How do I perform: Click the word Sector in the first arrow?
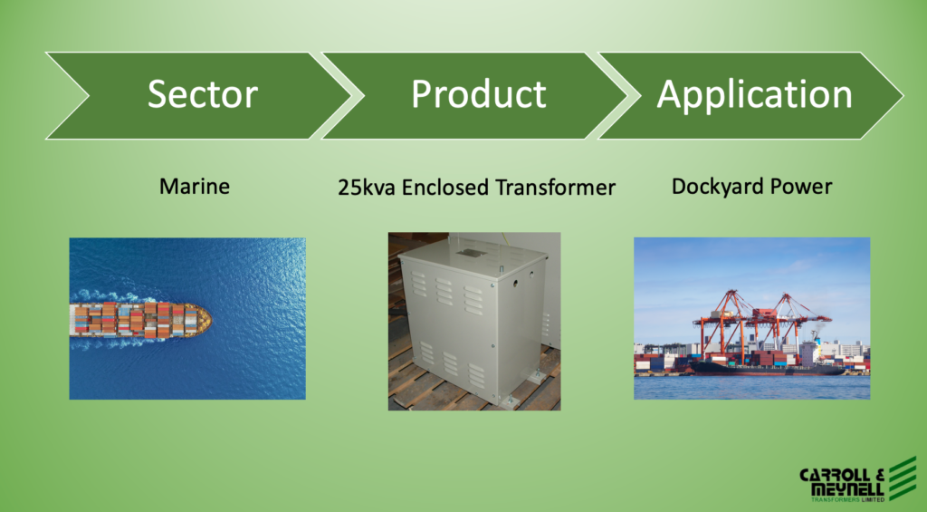pos(203,94)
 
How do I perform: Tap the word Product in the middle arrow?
pos(479,94)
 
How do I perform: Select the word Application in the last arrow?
pos(754,95)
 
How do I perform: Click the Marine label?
pos(195,187)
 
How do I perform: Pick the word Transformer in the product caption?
pos(556,188)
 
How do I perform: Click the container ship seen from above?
pos(140,320)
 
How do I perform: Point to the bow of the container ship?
pos(204,320)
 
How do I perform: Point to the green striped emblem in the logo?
pos(903,478)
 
